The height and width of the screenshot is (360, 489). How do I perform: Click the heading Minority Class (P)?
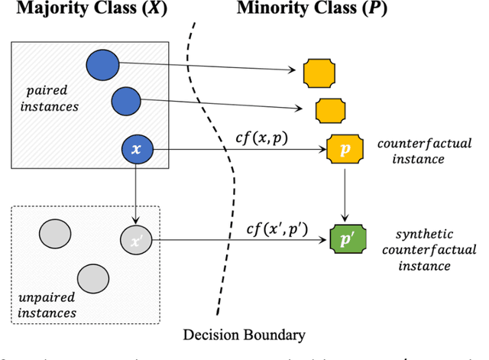322,11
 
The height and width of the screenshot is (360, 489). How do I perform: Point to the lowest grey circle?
92,277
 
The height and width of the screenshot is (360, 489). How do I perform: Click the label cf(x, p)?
262,137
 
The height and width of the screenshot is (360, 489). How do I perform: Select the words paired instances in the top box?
50,100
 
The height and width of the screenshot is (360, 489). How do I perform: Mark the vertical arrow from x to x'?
136,192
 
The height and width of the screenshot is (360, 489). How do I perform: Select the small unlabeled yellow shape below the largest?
329,109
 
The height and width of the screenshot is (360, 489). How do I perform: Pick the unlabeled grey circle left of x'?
54,232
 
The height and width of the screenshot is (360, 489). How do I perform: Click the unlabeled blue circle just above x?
125,100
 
